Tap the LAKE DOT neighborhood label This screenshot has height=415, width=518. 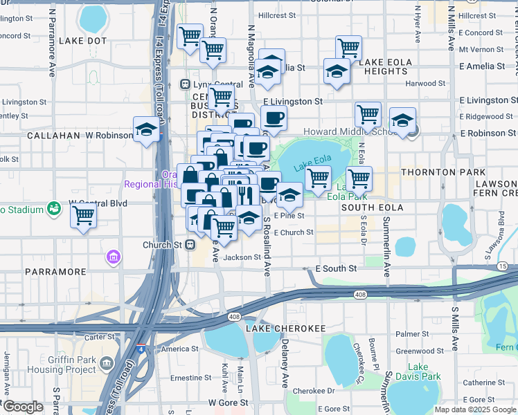pos(83,41)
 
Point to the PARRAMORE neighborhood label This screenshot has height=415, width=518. pos(55,272)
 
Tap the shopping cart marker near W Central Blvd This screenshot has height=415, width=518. pos(84,216)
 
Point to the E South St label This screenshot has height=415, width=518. pos(335,268)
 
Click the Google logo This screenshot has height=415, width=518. pos(23,407)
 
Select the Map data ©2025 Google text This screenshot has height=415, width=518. pos(474,409)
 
